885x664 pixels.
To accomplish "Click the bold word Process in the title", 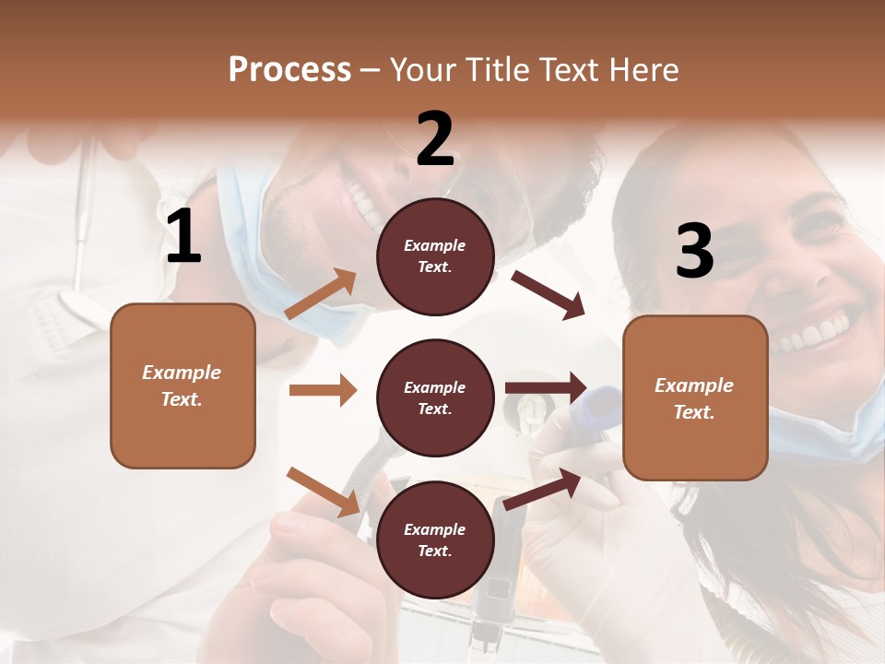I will pos(289,70).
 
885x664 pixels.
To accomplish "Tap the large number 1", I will pos(183,237).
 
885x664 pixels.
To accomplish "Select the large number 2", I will pos(435,138).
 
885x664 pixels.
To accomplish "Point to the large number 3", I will pos(694,251).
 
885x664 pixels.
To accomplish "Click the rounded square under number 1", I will pos(183,385).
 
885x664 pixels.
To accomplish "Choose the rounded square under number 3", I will pos(695,398).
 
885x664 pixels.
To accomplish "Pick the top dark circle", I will pos(435,256).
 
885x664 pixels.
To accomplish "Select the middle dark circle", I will pos(435,397).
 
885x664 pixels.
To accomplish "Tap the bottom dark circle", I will pos(435,539).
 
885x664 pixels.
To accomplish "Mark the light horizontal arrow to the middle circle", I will pos(323,390).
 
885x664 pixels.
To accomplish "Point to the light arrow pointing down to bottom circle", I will pos(324,492).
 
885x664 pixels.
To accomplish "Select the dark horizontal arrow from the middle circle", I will pos(546,387).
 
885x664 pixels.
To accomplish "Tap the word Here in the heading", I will pos(643,70).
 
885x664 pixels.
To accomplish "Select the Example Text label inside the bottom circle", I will pos(435,539).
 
